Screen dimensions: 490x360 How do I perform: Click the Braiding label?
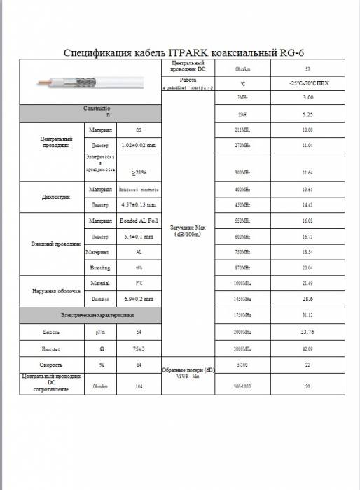[x=99, y=267]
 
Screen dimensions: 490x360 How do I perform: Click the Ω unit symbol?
[x=99, y=348]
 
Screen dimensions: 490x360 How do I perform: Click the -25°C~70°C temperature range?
[x=307, y=84]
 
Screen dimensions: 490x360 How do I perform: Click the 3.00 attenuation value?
[x=307, y=97]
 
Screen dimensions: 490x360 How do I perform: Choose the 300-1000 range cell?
[x=242, y=386]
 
